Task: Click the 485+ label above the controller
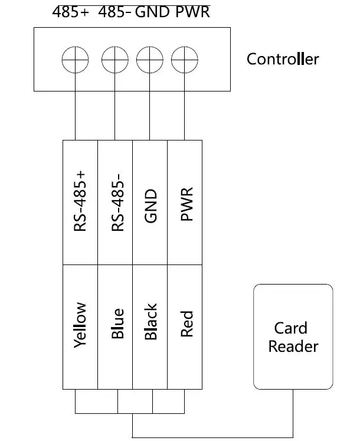tap(70, 12)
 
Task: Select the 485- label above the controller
tap(114, 12)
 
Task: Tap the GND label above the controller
tap(153, 12)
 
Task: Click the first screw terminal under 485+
tap(76, 59)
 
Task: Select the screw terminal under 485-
tap(114, 59)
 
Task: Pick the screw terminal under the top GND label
tap(150, 59)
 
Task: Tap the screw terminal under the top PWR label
tap(185, 59)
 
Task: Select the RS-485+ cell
tap(80, 202)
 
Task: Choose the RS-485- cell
tap(116, 202)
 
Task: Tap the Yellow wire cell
tap(80, 326)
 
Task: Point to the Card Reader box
tap(293, 337)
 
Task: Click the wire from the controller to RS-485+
tap(76, 115)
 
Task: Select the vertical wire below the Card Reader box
tap(293, 413)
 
